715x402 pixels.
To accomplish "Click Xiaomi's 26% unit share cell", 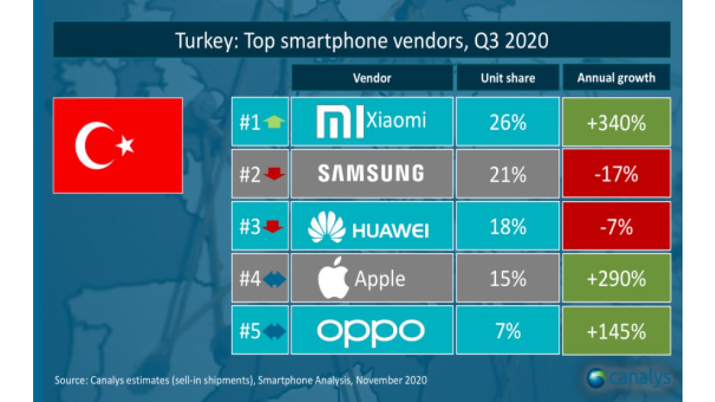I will [x=508, y=122].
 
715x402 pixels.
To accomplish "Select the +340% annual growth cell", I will [x=616, y=122].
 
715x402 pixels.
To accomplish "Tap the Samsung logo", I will [x=371, y=173].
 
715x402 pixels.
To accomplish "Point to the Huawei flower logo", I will [x=326, y=226].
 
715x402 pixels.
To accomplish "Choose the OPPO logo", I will [x=371, y=331].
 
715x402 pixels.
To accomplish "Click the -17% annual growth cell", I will [x=616, y=174].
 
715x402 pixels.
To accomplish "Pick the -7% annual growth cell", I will [x=616, y=226].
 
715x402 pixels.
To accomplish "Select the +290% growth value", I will [x=616, y=279].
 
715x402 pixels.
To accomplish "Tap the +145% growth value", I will [x=616, y=331].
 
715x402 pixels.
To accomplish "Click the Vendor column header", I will [x=372, y=78].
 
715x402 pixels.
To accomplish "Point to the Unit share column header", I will [x=508, y=78].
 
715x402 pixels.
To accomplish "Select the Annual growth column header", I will [x=616, y=78].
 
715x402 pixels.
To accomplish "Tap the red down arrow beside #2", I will [x=274, y=174].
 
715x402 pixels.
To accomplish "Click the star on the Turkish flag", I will [x=124, y=146].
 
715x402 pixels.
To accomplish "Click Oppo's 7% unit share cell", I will [x=508, y=331].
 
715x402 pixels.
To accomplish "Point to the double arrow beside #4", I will [x=274, y=280].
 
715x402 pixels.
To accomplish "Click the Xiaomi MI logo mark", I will [x=340, y=122].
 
